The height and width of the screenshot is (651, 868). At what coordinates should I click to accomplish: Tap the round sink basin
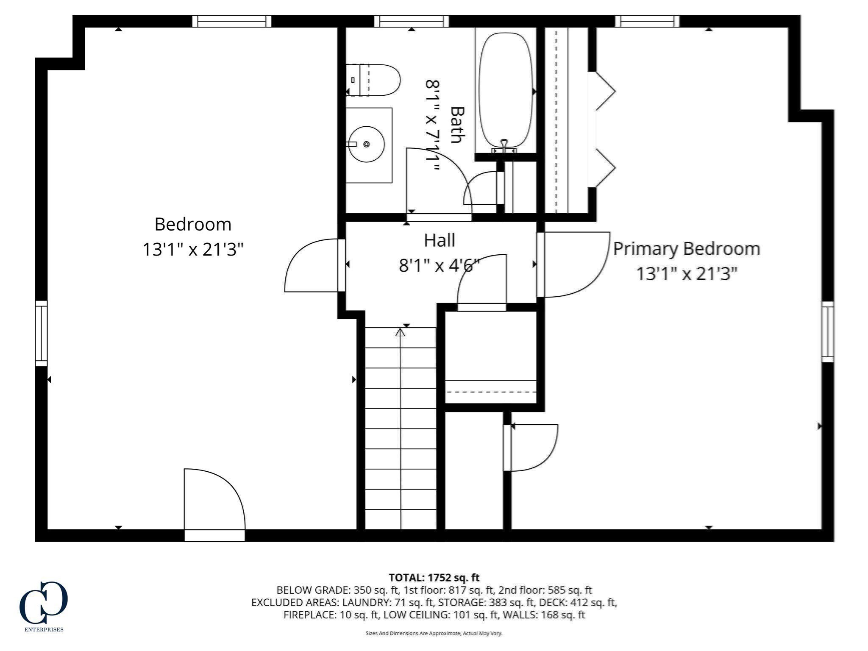367,144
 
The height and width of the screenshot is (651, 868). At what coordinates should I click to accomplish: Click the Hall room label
440,241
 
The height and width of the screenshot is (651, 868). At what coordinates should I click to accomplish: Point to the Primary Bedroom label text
686,249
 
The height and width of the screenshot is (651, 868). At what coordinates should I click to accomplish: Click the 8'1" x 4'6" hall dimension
439,266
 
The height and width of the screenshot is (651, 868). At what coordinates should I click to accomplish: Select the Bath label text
457,125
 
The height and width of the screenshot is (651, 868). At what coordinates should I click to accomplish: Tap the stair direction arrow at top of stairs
400,333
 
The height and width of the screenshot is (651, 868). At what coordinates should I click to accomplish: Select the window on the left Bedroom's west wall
41,333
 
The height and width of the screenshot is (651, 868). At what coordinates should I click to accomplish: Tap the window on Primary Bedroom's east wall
827,331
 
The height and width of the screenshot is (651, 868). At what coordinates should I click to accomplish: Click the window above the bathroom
411,21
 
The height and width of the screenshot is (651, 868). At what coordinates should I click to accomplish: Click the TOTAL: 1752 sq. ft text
434,578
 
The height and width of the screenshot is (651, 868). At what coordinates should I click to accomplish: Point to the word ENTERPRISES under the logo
44,629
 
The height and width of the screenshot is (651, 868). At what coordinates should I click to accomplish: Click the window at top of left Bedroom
232,21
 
